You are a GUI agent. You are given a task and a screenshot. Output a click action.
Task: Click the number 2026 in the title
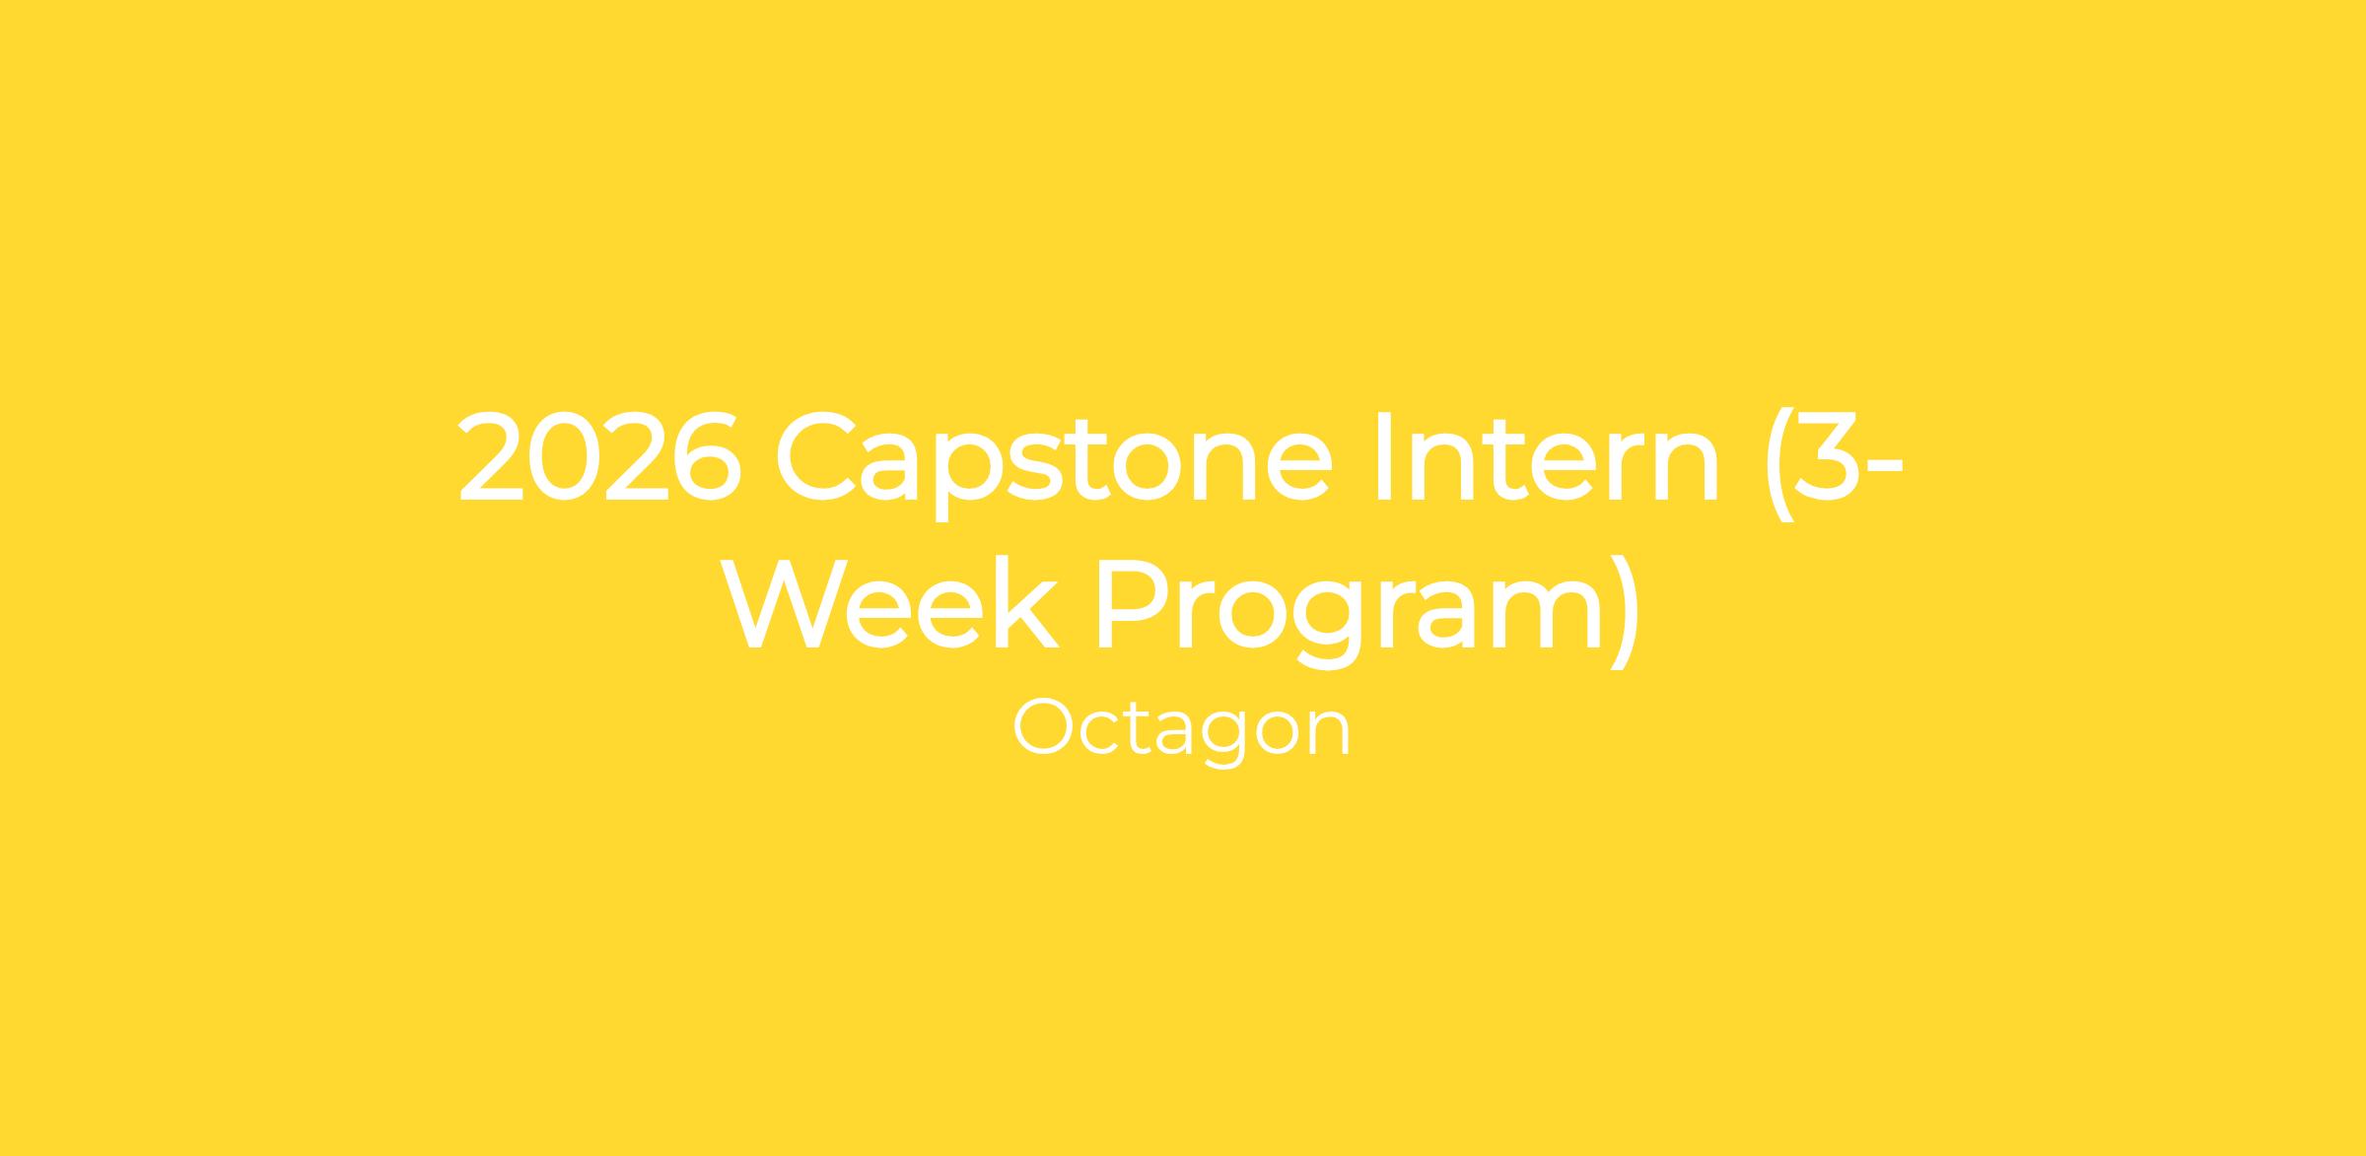point(600,456)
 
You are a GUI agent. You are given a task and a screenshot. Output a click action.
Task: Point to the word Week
point(889,602)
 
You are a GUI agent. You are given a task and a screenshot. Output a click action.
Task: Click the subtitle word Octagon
point(1182,731)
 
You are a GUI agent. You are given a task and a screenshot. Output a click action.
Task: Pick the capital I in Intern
point(1380,456)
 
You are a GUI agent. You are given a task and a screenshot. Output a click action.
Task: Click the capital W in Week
point(784,603)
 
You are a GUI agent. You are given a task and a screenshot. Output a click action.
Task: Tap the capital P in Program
point(1134,603)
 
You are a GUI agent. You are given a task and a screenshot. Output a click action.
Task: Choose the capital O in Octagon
point(1045,727)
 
